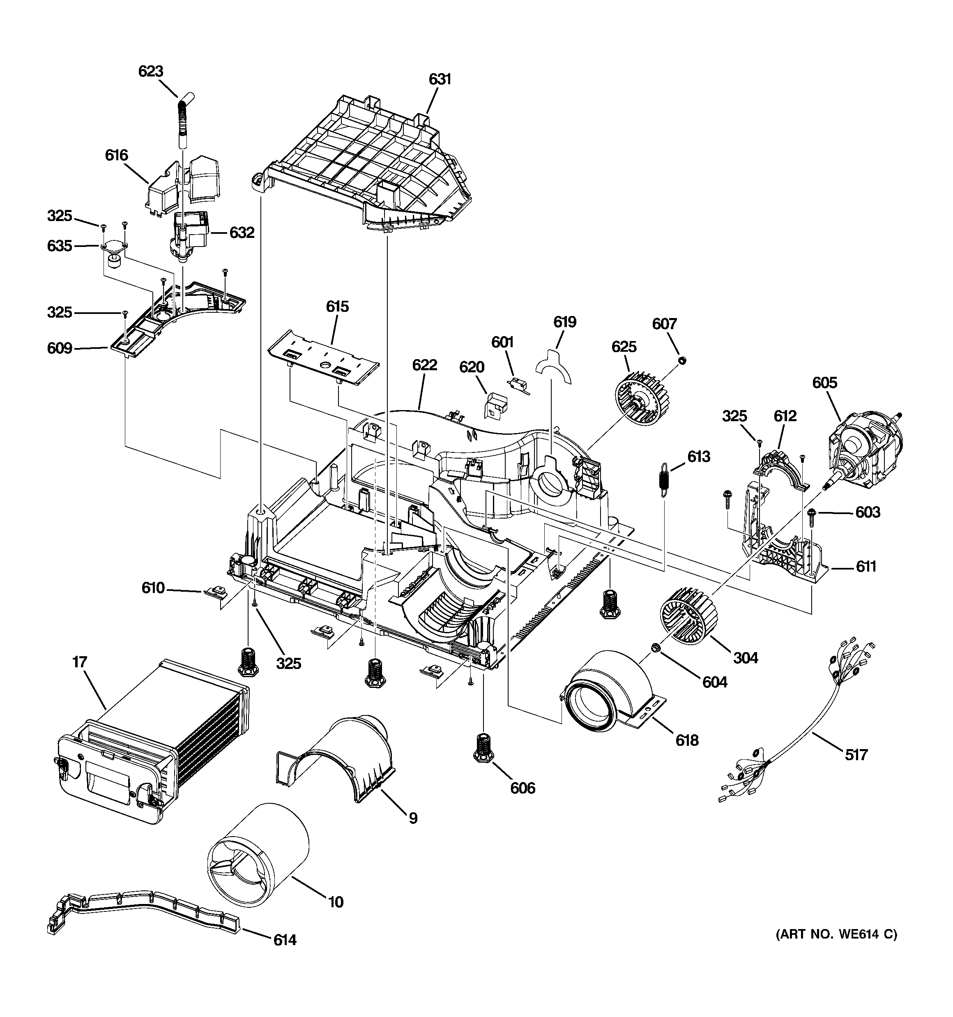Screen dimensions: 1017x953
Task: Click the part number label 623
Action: [150, 71]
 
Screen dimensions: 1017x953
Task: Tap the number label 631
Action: [440, 79]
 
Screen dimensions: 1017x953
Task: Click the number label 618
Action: [686, 740]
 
